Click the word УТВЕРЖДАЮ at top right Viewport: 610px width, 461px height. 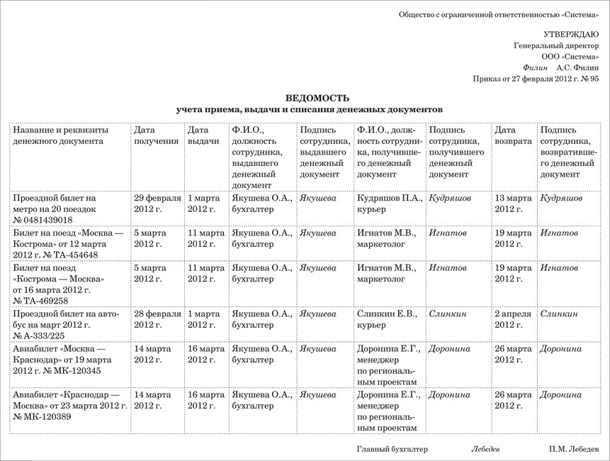point(571,34)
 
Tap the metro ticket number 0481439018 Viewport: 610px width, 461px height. point(47,221)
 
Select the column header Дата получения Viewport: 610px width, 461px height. point(156,135)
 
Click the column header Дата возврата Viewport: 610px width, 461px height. point(513,135)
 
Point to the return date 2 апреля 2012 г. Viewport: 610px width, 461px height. point(513,319)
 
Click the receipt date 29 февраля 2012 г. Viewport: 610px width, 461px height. point(157,204)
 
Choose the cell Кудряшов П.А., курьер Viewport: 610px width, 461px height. point(390,204)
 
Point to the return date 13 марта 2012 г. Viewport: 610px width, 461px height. point(513,204)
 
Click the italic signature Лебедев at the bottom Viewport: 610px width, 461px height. point(485,450)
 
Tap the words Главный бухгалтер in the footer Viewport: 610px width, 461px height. point(392,450)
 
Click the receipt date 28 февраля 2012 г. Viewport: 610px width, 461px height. point(157,319)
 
